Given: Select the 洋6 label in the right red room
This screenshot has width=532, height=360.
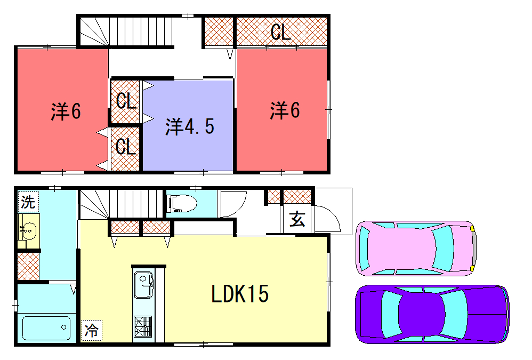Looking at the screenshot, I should pyautogui.click(x=284, y=111).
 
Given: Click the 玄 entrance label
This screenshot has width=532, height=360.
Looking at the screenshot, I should pyautogui.click(x=297, y=221).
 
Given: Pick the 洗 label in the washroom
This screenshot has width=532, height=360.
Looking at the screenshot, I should pyautogui.click(x=28, y=203).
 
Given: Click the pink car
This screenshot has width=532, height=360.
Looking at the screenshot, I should pyautogui.click(x=415, y=248).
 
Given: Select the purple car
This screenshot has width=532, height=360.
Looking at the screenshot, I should pyautogui.click(x=430, y=314).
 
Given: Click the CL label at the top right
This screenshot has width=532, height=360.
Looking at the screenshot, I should pyautogui.click(x=281, y=32).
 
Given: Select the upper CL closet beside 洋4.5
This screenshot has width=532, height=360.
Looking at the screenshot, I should pyautogui.click(x=125, y=101).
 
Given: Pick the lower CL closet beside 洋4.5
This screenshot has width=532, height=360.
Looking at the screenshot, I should pyautogui.click(x=125, y=146).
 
